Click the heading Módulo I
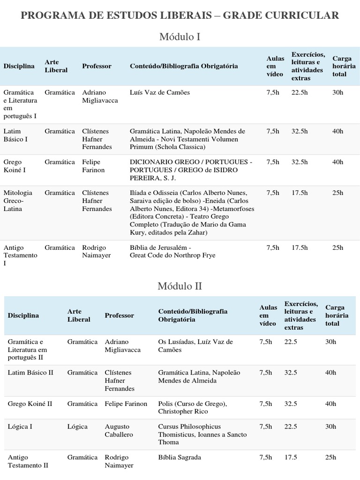tap(180, 36)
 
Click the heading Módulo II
tap(180, 285)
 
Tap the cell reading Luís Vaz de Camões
tap(160, 92)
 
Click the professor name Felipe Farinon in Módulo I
tap(93, 166)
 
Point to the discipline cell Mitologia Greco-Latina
tap(18, 201)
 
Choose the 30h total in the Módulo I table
tap(337, 92)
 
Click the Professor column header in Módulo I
tap(97, 66)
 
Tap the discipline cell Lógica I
tap(20, 427)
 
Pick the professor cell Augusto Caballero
tap(119, 430)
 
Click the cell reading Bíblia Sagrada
tap(180, 457)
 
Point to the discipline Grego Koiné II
tap(30, 404)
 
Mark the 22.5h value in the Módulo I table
tap(300, 92)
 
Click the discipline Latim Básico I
tap(15, 135)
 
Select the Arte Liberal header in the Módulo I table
tap(56, 66)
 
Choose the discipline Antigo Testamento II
tap(28, 461)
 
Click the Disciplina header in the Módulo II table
tap(23, 315)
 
